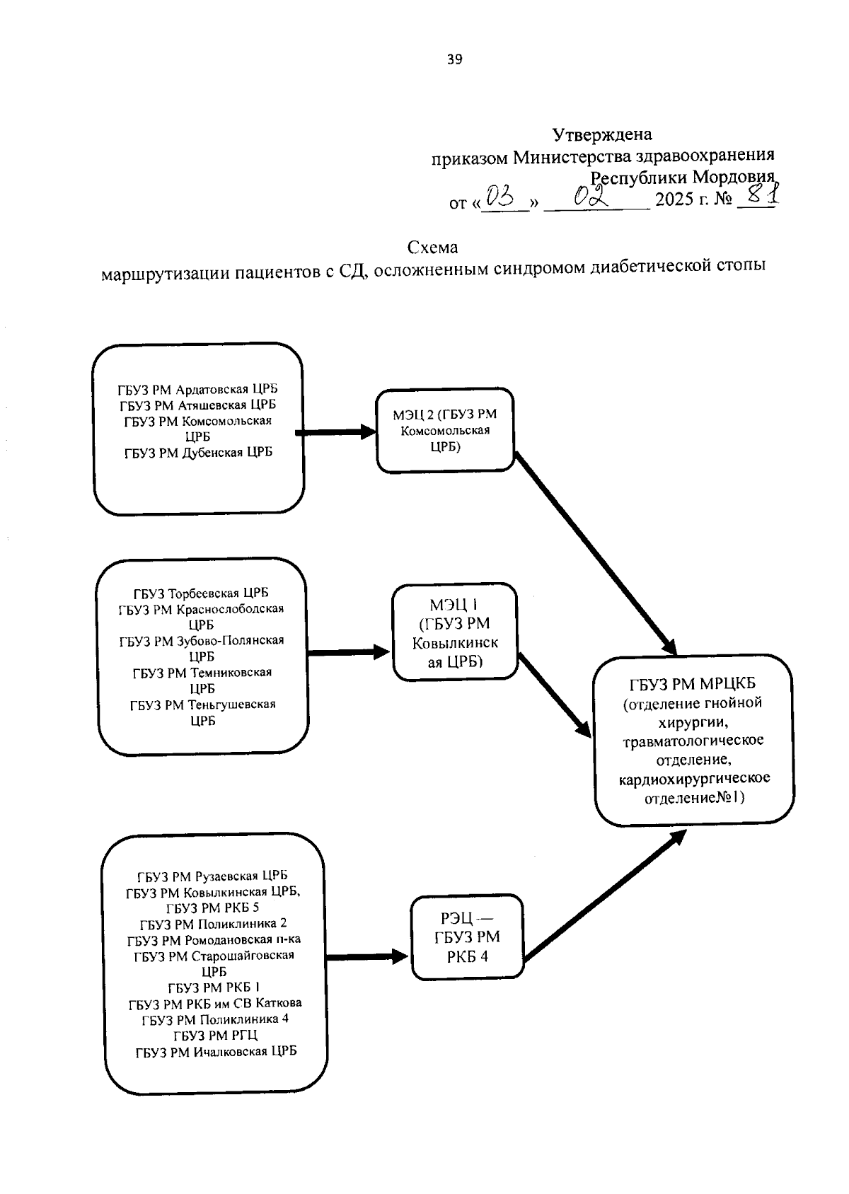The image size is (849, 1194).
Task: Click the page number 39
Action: click(x=454, y=60)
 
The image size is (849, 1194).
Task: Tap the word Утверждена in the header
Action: click(x=601, y=134)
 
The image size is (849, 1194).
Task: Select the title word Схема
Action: click(x=432, y=248)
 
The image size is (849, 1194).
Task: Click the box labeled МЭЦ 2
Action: click(x=445, y=430)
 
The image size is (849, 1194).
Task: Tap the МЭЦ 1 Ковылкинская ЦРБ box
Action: click(x=455, y=632)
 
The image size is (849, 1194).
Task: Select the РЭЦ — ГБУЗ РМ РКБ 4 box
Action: click(x=467, y=937)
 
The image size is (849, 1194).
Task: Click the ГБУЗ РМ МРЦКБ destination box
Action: click(x=693, y=740)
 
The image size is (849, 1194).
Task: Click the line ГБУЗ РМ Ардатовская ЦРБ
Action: click(x=198, y=389)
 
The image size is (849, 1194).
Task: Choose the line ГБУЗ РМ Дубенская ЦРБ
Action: click(x=198, y=453)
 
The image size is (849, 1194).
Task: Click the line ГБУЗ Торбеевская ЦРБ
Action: click(x=201, y=593)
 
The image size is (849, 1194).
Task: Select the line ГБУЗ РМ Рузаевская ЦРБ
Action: click(x=212, y=876)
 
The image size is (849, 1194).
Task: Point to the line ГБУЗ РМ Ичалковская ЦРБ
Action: click(x=216, y=1051)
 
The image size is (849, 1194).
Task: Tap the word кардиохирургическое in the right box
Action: click(x=693, y=779)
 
